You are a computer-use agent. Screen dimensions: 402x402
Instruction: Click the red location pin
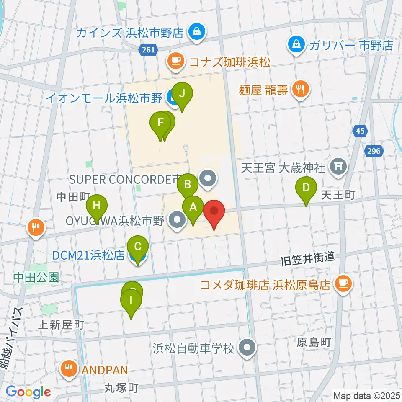click(214, 212)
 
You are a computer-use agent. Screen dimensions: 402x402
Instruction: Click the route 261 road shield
click(148, 50)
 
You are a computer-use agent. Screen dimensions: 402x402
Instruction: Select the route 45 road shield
click(361, 131)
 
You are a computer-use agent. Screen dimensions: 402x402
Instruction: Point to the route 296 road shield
click(374, 151)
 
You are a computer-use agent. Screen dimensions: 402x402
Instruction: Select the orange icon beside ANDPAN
click(68, 369)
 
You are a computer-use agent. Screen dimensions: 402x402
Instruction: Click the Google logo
click(28, 392)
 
